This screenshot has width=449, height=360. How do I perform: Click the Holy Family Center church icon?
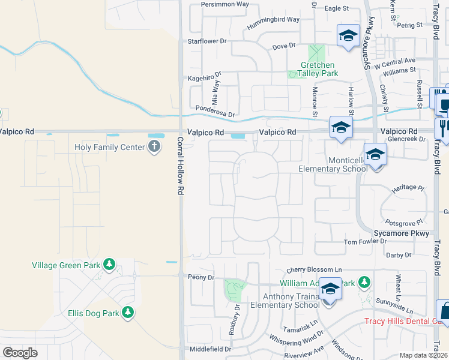(x=154, y=147)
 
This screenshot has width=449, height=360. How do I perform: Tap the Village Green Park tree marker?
(x=109, y=264)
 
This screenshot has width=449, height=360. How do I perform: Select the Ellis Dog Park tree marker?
(x=127, y=312)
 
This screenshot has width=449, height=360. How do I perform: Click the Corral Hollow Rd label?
(x=179, y=166)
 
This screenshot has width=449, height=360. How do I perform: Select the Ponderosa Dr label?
(x=214, y=113)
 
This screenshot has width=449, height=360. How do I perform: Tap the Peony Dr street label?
(x=201, y=277)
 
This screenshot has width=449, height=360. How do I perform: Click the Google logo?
(x=20, y=353)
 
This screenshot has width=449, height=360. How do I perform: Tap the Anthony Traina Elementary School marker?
(x=330, y=290)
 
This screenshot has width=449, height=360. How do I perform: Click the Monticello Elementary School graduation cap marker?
(x=375, y=155)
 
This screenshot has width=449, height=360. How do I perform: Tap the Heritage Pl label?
(x=407, y=188)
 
